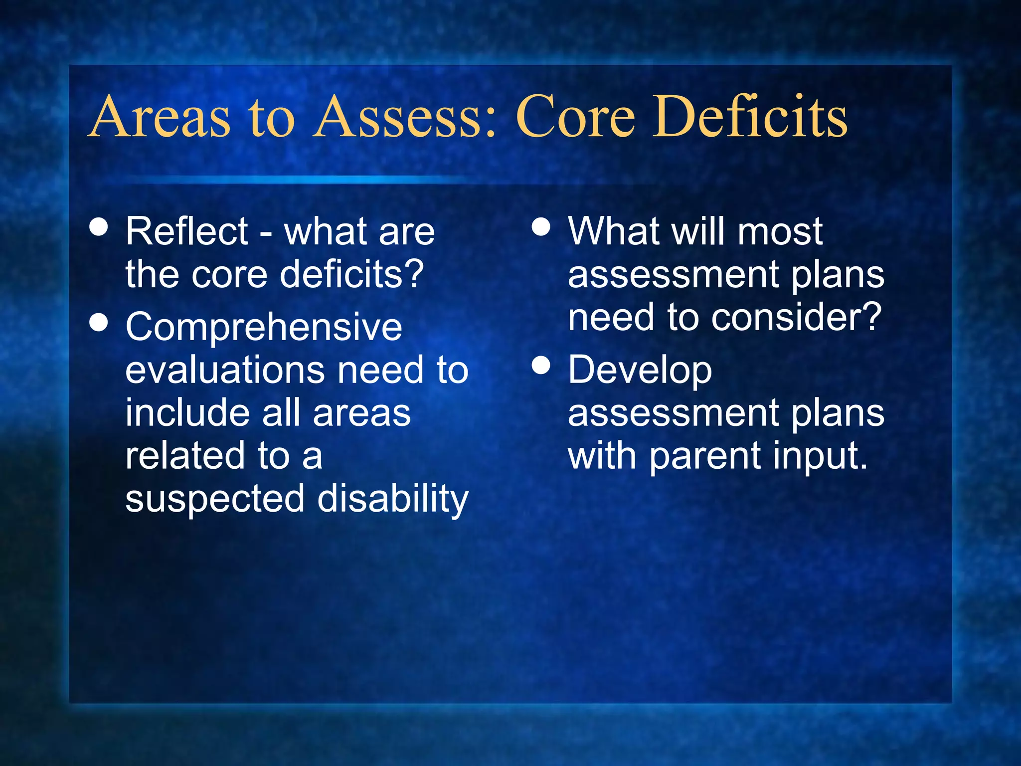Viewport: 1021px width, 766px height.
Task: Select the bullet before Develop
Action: coord(541,365)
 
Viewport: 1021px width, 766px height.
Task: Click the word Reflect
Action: coord(186,231)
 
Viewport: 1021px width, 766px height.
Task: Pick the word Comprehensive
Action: coord(264,328)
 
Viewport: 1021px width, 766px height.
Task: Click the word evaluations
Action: coord(225,370)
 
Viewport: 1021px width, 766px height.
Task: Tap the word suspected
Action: coord(214,499)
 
